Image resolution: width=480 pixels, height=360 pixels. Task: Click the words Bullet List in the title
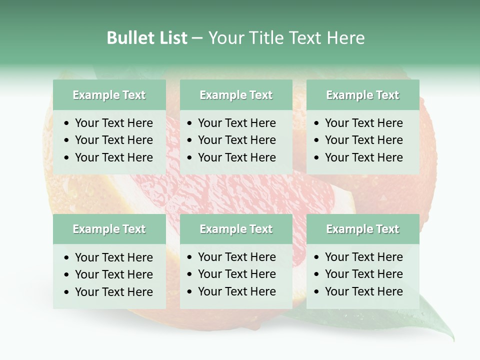146,37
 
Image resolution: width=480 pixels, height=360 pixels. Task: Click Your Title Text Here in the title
286,37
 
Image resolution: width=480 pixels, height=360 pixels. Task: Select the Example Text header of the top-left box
109,95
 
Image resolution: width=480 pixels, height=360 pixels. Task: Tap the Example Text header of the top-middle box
236,95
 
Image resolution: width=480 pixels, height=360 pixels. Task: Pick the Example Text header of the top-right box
362,95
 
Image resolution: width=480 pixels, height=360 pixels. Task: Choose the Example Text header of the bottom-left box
109,229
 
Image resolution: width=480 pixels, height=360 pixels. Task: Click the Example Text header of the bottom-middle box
236,229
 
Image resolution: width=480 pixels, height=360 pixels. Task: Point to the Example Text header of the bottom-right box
362,229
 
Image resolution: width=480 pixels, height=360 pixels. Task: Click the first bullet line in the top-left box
113,123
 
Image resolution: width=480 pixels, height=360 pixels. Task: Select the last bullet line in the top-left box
113,157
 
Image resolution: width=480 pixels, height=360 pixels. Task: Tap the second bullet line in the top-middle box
236,140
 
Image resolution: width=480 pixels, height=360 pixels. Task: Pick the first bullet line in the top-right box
363,123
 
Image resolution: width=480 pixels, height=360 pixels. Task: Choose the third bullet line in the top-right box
363,157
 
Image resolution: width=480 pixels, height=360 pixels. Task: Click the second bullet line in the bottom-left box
113,274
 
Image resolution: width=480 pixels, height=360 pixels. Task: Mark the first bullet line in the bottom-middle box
236,257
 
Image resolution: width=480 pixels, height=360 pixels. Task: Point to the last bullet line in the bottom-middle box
236,291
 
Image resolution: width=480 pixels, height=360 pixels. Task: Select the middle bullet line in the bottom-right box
363,274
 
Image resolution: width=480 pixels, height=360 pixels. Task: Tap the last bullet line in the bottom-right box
363,291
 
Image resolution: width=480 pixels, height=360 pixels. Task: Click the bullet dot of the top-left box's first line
67,123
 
